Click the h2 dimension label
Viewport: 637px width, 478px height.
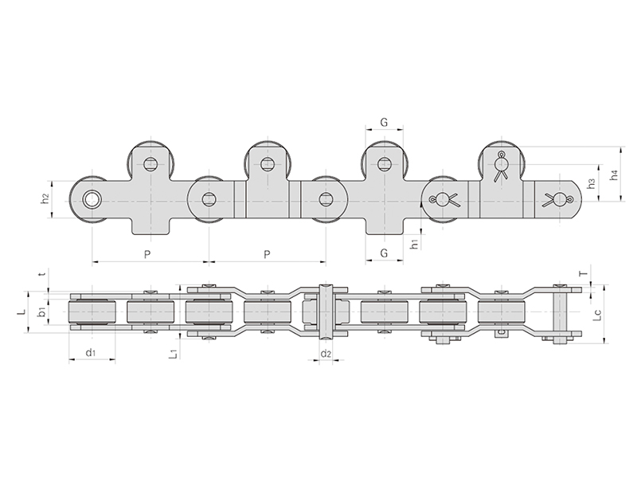pyautogui.click(x=46, y=198)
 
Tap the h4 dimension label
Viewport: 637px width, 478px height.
pyautogui.click(x=614, y=175)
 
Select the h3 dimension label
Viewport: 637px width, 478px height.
pyautogui.click(x=592, y=183)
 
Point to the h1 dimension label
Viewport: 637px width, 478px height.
pyautogui.click(x=414, y=245)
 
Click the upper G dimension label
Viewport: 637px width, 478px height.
pyautogui.click(x=384, y=122)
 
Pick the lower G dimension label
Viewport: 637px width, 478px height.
pyautogui.click(x=384, y=253)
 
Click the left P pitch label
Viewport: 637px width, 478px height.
pyautogui.click(x=147, y=254)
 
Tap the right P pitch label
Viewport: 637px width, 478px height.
pyautogui.click(x=267, y=254)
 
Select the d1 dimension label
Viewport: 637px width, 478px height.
pyautogui.click(x=91, y=352)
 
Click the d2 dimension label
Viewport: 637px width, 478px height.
pyautogui.click(x=326, y=353)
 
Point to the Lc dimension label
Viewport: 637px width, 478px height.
pyautogui.click(x=596, y=315)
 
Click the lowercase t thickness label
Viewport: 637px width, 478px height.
pyautogui.click(x=41, y=275)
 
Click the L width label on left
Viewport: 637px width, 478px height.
pyautogui.click(x=23, y=311)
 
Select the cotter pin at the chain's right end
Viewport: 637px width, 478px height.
pyautogui.click(x=558, y=199)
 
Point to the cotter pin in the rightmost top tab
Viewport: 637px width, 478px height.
pyautogui.click(x=502, y=166)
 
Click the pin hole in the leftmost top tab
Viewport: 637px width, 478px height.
pyautogui.click(x=150, y=163)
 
